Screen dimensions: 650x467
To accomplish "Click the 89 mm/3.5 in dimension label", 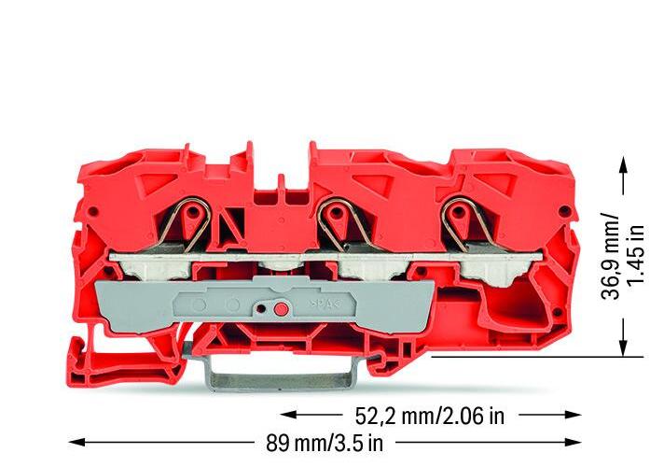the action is (x=325, y=443).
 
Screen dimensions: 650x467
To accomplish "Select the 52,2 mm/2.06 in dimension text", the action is (x=430, y=416).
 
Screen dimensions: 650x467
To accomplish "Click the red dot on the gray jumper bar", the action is (x=281, y=309).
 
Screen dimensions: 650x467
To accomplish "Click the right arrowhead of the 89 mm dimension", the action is (x=573, y=443).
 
